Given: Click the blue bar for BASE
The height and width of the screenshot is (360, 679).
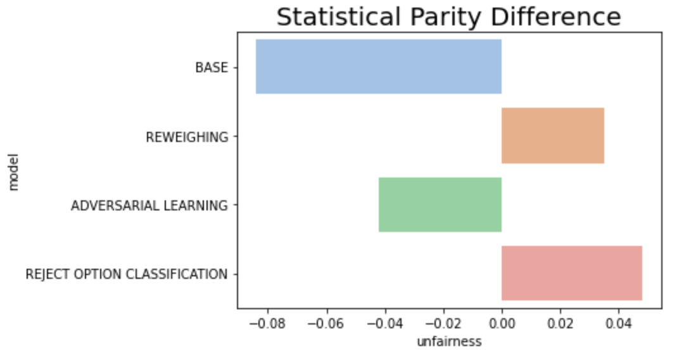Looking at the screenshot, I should (378, 67).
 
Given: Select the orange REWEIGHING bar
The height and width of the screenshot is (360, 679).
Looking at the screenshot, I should (552, 136).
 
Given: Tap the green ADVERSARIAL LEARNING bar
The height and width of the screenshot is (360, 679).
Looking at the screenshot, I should (440, 205).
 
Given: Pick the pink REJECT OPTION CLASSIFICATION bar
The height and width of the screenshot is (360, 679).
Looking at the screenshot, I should (571, 273).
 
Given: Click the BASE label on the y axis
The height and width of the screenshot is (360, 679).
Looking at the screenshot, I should (211, 67).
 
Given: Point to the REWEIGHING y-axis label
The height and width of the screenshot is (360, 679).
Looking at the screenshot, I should (187, 136).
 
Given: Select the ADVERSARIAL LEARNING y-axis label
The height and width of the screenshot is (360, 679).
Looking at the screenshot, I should (149, 205).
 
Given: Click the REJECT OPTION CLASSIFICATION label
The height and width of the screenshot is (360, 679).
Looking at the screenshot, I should (126, 274).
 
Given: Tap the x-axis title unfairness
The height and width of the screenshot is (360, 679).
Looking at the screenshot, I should (449, 342).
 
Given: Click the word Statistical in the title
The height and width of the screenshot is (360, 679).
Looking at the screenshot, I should (334, 17).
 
